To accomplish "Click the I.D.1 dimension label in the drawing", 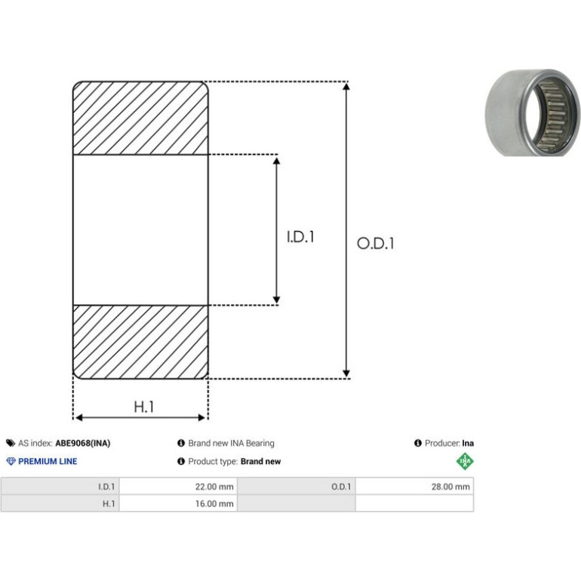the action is click(300, 237).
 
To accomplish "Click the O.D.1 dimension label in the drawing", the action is click(375, 244).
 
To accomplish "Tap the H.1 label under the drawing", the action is click(144, 407).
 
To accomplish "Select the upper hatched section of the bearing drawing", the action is click(140, 118).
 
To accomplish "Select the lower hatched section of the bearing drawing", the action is click(140, 342).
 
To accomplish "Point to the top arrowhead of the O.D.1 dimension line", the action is click(346, 86).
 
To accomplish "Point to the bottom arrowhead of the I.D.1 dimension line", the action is click(276, 300).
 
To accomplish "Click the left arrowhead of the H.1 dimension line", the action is click(79, 417).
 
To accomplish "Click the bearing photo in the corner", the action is click(532, 112).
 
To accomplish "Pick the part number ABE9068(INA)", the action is click(83, 443).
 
